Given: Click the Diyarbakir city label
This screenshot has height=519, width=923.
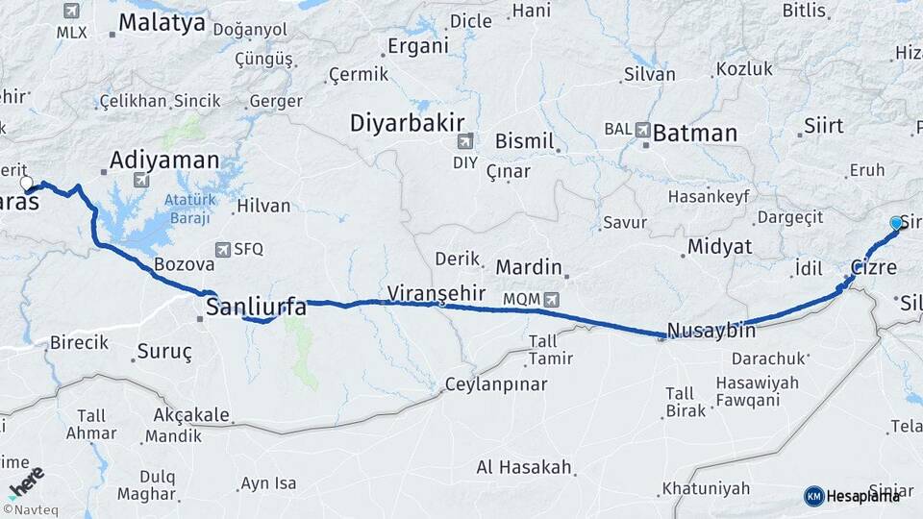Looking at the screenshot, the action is pyautogui.click(x=407, y=123).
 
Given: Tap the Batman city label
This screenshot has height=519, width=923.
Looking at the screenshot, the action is pyautogui.click(x=694, y=134).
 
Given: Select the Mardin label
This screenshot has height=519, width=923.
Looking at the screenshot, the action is pyautogui.click(x=528, y=266).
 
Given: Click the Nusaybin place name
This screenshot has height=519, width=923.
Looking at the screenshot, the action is pyautogui.click(x=711, y=330).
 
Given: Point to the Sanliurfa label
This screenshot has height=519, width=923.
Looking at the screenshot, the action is pyautogui.click(x=256, y=308).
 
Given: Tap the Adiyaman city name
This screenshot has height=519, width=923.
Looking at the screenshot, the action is pyautogui.click(x=164, y=160).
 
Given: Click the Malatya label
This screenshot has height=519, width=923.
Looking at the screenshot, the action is pyautogui.click(x=163, y=22).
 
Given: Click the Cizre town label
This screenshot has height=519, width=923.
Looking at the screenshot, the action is pyautogui.click(x=873, y=267).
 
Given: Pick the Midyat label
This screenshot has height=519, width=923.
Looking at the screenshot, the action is pyautogui.click(x=718, y=247).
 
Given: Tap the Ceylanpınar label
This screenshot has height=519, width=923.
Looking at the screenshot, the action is pyautogui.click(x=495, y=384).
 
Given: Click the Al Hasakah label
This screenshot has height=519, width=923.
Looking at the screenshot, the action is pyautogui.click(x=525, y=468).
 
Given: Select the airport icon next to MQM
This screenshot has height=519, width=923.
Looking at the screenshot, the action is pyautogui.click(x=551, y=299).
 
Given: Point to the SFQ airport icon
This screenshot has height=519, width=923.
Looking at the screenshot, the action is pyautogui.click(x=223, y=249).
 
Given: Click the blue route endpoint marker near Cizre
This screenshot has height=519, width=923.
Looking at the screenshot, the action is pyautogui.click(x=896, y=223).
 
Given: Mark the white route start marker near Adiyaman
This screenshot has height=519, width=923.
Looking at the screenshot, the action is pyautogui.click(x=26, y=182).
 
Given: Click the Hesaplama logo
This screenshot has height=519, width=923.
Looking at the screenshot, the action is pyautogui.click(x=853, y=496).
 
